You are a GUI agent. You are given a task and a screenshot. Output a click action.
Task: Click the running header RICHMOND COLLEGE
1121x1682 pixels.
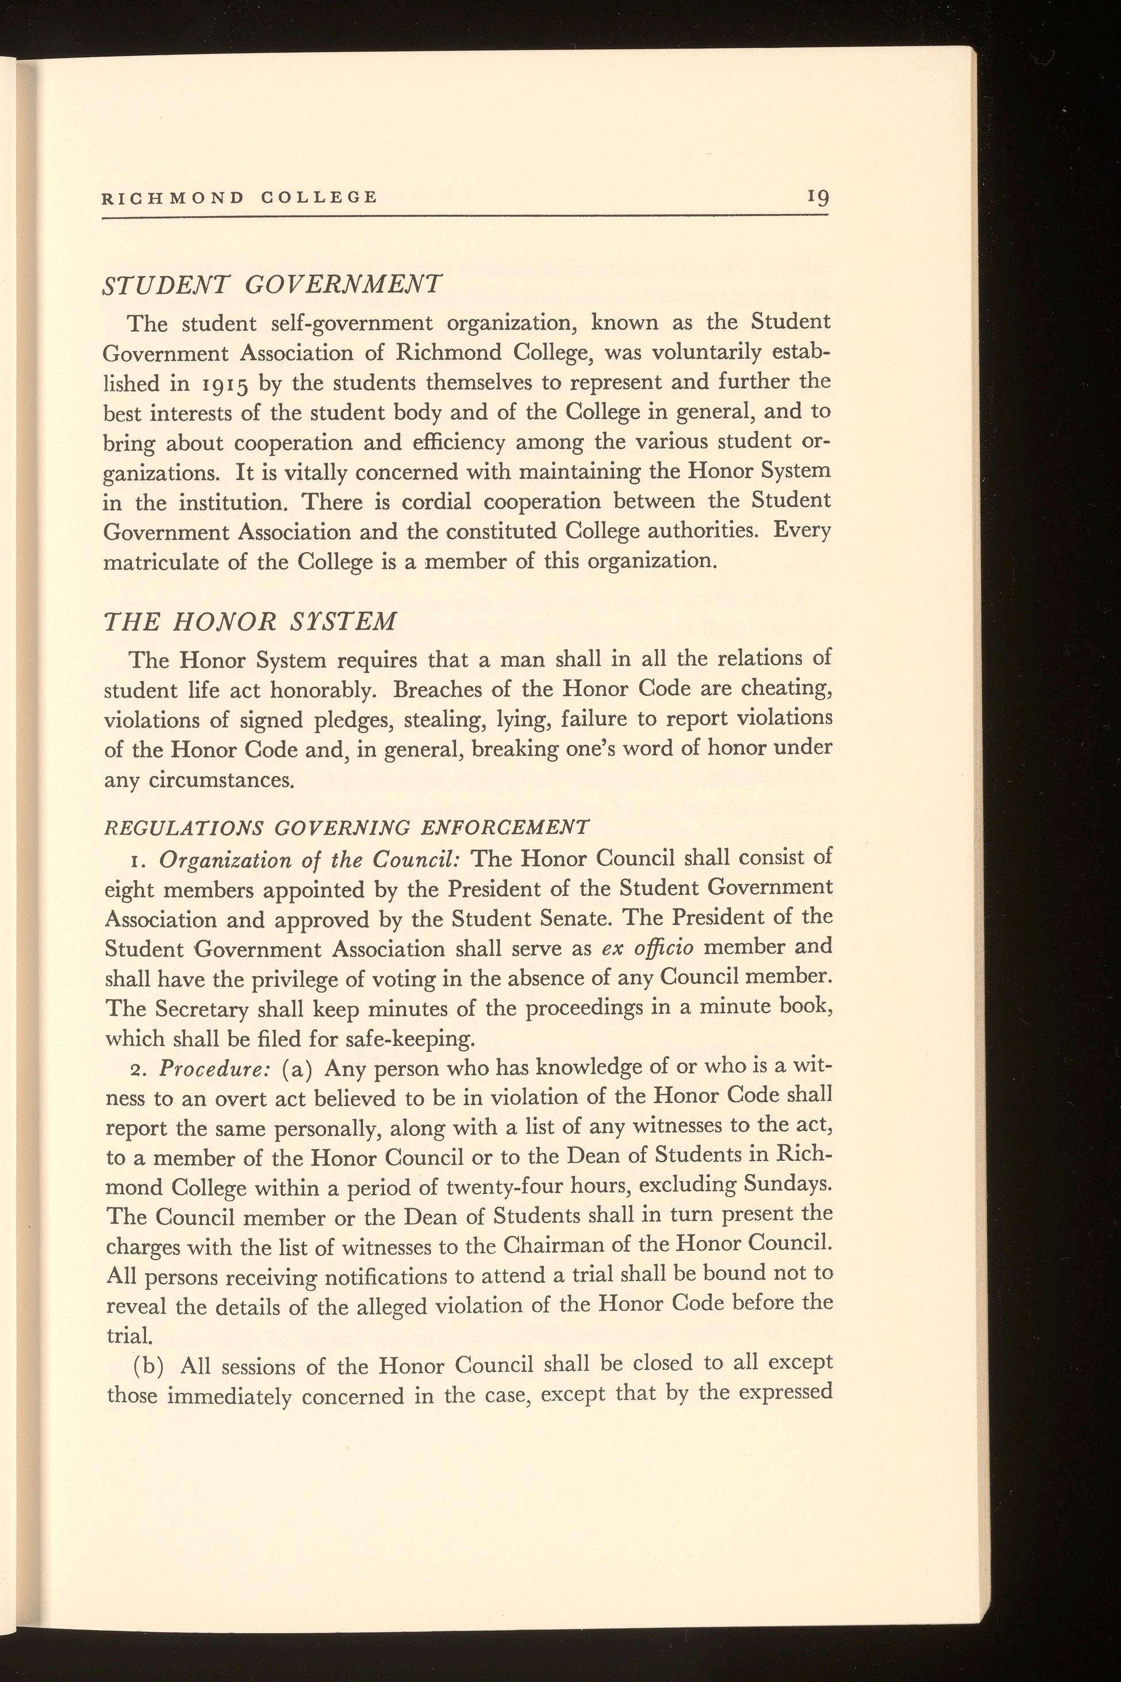[240, 197]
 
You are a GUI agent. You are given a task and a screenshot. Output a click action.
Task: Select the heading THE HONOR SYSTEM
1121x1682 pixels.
[249, 620]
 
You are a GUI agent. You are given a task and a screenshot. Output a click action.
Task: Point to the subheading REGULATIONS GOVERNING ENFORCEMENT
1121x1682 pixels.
[346, 828]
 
